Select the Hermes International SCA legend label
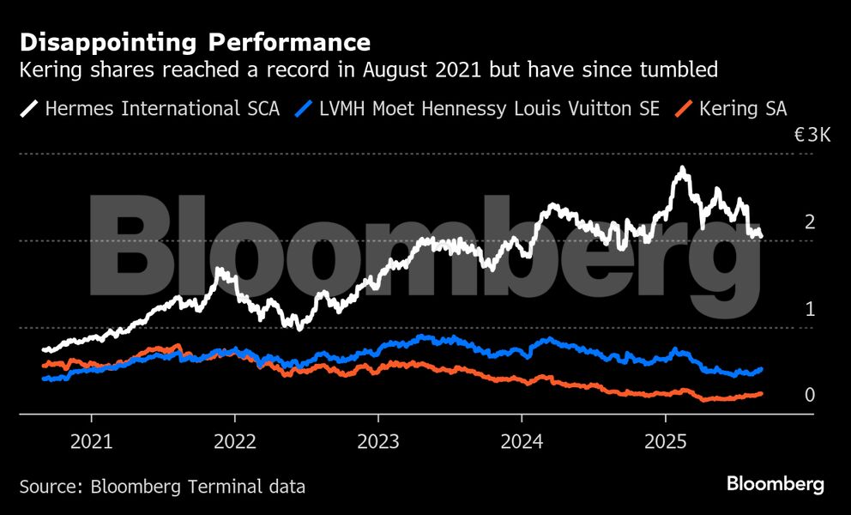click(x=161, y=109)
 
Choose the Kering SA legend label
click(x=743, y=109)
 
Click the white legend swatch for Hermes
click(x=29, y=109)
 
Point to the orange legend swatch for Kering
click(x=684, y=109)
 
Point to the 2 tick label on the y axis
click(x=809, y=222)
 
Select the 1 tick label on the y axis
click(x=809, y=309)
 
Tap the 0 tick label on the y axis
click(x=809, y=396)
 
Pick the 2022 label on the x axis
click(x=234, y=442)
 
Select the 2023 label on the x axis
click(x=377, y=442)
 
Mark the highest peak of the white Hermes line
click(x=682, y=168)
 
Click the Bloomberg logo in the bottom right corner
click(x=775, y=484)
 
